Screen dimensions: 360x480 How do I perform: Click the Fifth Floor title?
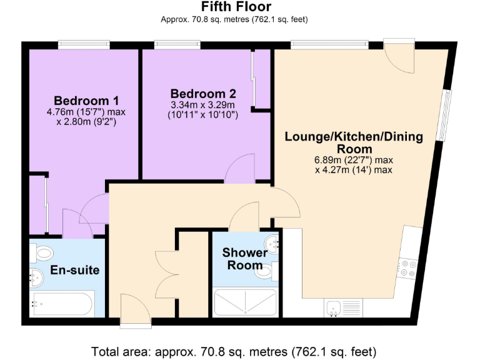click(236, 7)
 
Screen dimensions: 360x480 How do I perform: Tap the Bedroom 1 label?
click(86, 101)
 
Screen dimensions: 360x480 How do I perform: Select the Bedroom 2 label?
click(203, 94)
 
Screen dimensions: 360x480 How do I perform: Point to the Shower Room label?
click(244, 259)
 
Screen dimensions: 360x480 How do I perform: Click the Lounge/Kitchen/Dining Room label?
click(354, 142)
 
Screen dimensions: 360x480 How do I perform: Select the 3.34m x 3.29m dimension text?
click(203, 105)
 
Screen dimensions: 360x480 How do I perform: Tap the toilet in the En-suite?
click(44, 253)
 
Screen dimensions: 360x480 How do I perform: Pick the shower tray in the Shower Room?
click(246, 303)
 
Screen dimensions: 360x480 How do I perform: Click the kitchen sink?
click(333, 307)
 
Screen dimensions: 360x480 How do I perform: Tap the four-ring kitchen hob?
click(409, 267)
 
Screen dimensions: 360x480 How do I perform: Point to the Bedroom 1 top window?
click(84, 45)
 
